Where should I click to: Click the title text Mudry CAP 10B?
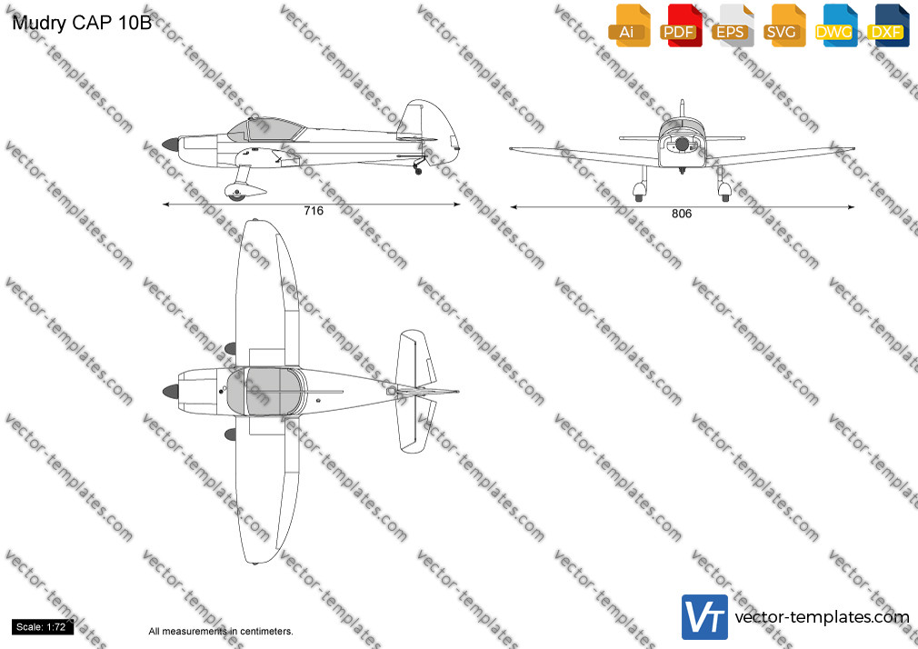pos(82,23)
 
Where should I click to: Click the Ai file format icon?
pos(629,25)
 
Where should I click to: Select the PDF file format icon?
pos(681,25)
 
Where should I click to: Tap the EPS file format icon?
pos(733,25)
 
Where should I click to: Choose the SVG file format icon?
pos(783,25)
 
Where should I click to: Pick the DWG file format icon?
pos(836,25)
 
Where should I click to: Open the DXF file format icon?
pos(888,25)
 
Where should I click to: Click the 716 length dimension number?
pos(314,211)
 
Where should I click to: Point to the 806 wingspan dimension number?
pos(682,214)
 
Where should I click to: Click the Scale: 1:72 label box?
pos(42,627)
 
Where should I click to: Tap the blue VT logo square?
pos(704,617)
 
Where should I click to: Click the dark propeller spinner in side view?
pos(170,145)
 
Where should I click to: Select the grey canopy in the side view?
pos(266,129)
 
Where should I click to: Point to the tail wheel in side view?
pos(418,171)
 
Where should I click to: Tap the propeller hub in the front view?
pos(682,145)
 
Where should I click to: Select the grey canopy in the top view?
pos(266,391)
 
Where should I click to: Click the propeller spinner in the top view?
pos(170,391)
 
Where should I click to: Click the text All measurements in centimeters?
pos(221,632)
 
